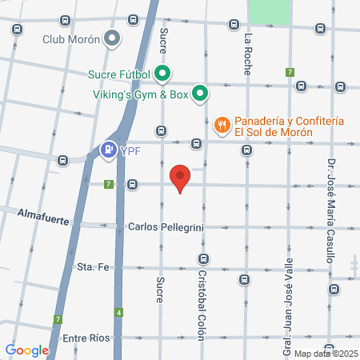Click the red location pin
[x=180, y=178]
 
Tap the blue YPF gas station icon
[x=106, y=149]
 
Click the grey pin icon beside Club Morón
[x=113, y=37]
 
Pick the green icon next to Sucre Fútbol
[x=162, y=76]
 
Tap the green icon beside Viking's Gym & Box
[x=200, y=94]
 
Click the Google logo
[x=26, y=350]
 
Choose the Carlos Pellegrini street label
[x=166, y=227]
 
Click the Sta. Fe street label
[x=92, y=266]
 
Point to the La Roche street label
[x=248, y=51]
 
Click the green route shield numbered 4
[x=118, y=312]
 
